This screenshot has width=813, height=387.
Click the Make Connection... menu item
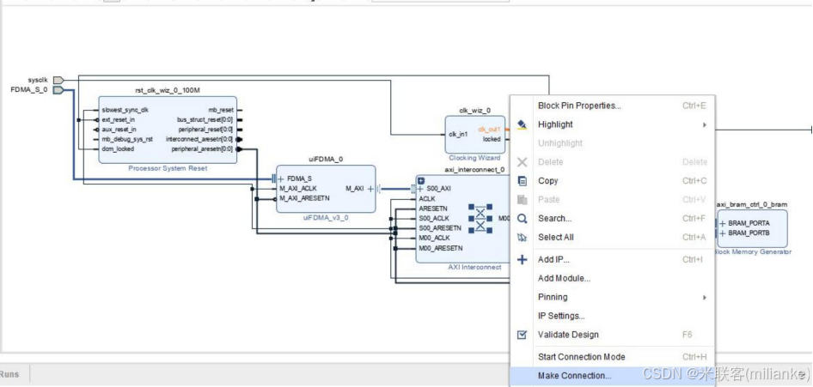(574, 376)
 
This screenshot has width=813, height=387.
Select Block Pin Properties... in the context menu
(578, 106)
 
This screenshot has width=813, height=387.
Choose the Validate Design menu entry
(567, 335)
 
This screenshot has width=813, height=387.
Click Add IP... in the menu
(553, 259)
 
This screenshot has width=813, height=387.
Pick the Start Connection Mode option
(581, 357)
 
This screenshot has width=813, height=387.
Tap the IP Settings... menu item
(560, 316)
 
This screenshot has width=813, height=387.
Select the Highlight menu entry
(555, 124)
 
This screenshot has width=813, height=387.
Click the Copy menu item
(547, 181)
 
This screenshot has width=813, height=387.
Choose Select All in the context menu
(555, 237)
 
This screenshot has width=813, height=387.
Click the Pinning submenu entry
(553, 297)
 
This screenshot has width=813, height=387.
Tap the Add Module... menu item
(564, 278)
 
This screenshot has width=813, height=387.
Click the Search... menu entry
(554, 219)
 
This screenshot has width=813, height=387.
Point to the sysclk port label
(37, 80)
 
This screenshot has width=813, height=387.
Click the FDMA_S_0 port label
(29, 89)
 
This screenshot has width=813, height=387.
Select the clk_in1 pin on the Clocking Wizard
(460, 133)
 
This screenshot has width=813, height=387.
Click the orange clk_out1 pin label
(488, 130)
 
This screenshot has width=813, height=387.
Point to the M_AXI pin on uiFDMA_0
(354, 188)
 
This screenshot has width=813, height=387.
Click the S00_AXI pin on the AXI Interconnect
(438, 188)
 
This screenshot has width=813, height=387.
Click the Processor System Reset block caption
(168, 168)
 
